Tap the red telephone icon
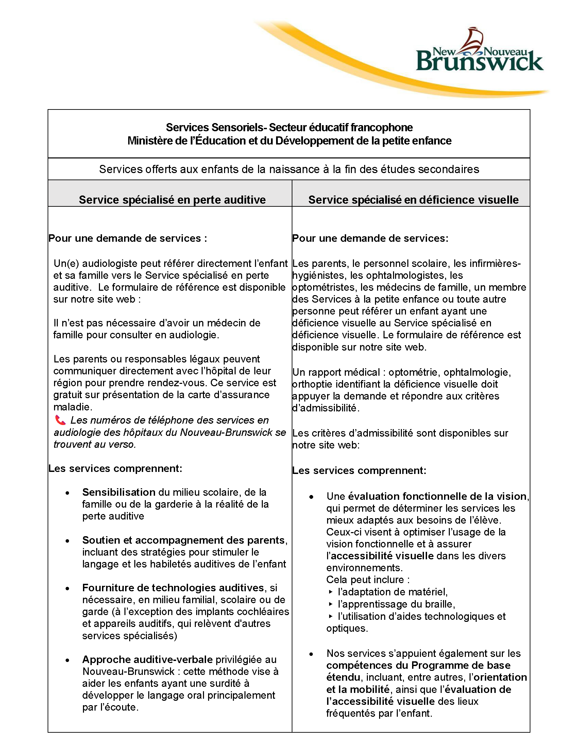(x=60, y=420)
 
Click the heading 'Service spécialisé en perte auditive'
(x=172, y=200)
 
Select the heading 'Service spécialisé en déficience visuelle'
(x=413, y=200)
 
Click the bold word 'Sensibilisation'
(x=119, y=492)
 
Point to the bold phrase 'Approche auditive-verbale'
(x=147, y=659)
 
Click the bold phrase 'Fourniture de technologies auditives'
(x=173, y=588)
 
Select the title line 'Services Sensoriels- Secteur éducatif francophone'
(x=289, y=128)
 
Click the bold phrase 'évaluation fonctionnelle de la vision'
(x=437, y=496)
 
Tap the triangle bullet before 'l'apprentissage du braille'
(x=330, y=604)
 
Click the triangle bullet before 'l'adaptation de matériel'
(x=330, y=592)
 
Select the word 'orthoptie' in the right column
(x=312, y=384)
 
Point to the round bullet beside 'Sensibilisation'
(x=67, y=493)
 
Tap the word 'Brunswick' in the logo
(x=479, y=62)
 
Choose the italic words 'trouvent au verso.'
(x=95, y=444)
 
